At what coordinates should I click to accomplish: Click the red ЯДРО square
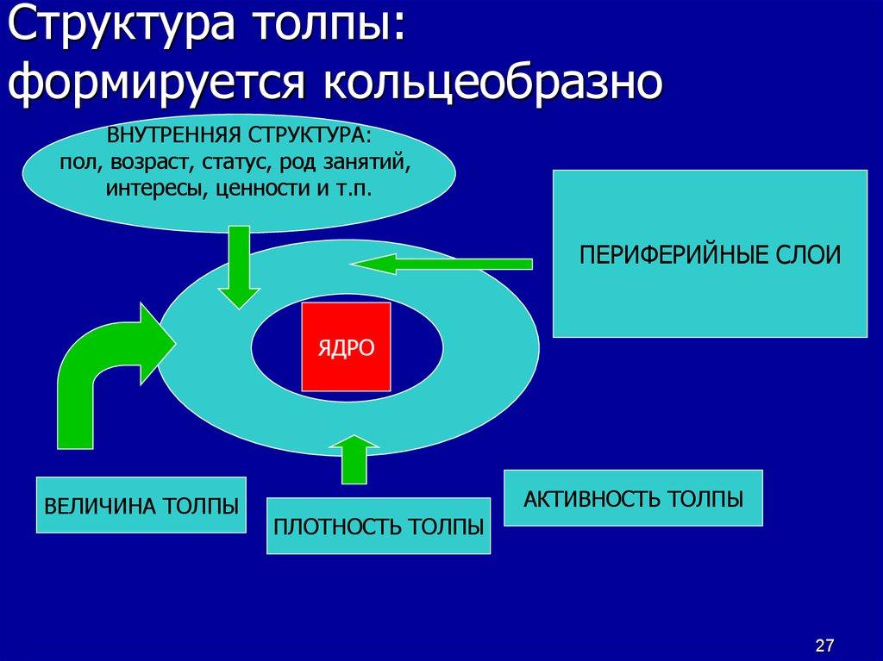[x=345, y=346]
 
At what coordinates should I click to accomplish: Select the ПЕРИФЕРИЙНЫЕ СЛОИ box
[x=709, y=253]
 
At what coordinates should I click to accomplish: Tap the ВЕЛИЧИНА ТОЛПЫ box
[x=141, y=505]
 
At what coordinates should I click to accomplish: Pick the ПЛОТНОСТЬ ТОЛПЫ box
[x=378, y=526]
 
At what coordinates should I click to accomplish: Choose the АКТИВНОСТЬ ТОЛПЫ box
[x=633, y=498]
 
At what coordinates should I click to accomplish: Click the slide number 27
[x=824, y=645]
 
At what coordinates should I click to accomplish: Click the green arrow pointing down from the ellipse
[x=238, y=267]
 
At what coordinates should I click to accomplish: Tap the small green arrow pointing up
[x=354, y=460]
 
